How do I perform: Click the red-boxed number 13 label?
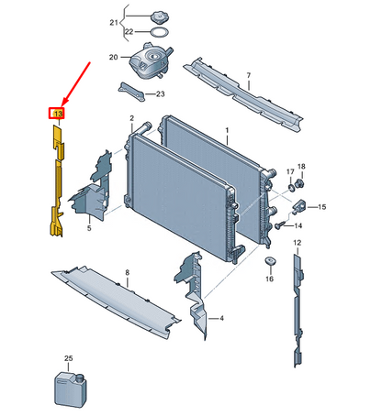pyautogui.click(x=57, y=114)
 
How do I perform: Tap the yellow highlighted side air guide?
pyautogui.click(x=57, y=181)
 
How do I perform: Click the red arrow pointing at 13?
pyautogui.click(x=76, y=84)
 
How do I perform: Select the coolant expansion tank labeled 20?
pyautogui.click(x=150, y=61)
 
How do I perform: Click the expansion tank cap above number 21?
pyautogui.click(x=159, y=16)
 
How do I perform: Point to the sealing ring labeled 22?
pyautogui.click(x=160, y=32)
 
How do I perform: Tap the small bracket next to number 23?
pyautogui.click(x=131, y=92)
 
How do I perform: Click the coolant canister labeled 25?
pyautogui.click(x=71, y=389)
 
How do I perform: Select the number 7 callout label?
pyautogui.click(x=249, y=75)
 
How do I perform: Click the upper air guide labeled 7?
pyautogui.click(x=244, y=94)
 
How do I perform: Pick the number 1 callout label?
pyautogui.click(x=227, y=130)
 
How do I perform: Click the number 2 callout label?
pyautogui.click(x=131, y=118)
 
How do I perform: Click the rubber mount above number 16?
pyautogui.click(x=270, y=261)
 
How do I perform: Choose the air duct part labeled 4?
pyautogui.click(x=192, y=294)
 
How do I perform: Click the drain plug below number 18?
pyautogui.click(x=299, y=183)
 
